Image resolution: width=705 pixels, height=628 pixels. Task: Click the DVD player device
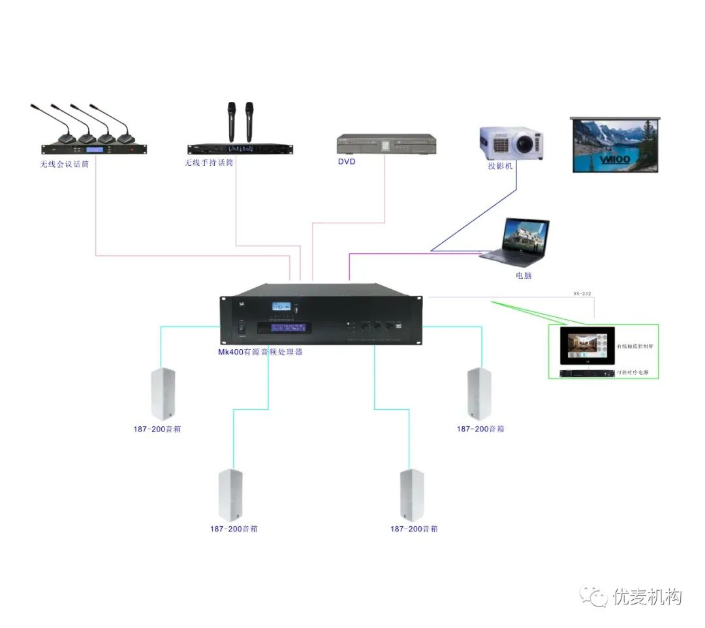coord(386,144)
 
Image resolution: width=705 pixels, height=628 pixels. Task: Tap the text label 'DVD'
coord(347,162)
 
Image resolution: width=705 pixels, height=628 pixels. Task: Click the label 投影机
coord(501,166)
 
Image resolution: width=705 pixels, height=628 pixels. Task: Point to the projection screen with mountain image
coord(615,144)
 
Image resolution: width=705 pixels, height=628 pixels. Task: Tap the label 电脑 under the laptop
coord(524,275)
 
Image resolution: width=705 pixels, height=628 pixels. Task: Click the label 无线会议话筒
coord(64,164)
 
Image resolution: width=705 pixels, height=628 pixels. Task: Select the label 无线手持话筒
coord(208,163)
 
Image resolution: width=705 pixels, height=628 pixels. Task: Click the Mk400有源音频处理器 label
coord(260,352)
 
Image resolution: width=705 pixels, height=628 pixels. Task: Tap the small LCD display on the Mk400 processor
coord(281,307)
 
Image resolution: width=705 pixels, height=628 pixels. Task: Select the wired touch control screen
coord(586,345)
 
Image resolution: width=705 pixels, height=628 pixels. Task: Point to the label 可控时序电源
coord(636,373)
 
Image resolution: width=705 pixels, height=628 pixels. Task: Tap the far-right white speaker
coord(479,393)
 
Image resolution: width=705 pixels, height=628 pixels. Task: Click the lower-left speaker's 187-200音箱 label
coord(234,529)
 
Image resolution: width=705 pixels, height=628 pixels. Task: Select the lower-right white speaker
coord(412,495)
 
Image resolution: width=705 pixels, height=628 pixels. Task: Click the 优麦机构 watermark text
coord(647,597)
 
